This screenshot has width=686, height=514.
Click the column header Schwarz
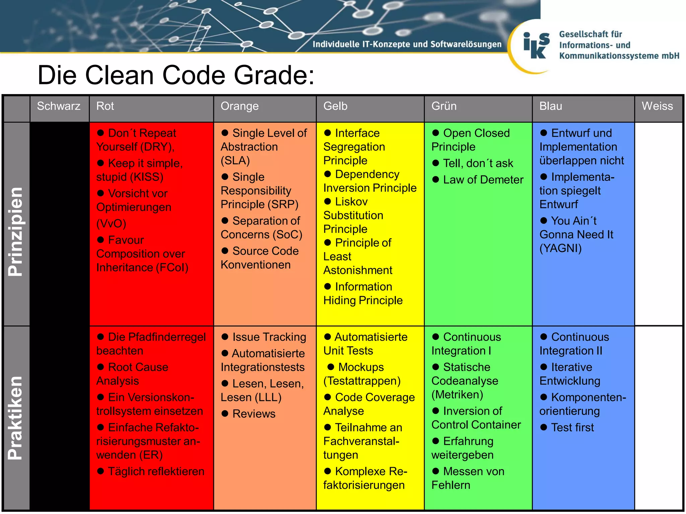pos(59,106)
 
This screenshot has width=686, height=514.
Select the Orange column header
pos(239,106)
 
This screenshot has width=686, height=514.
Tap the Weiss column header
pos(657,106)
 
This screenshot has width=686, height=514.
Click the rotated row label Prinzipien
pos(16,232)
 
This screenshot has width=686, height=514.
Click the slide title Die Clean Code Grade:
pos(176,75)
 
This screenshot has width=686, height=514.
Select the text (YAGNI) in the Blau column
pos(560,248)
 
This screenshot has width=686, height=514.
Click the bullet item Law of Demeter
pos(483,180)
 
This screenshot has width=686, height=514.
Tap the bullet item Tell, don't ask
pos(478,163)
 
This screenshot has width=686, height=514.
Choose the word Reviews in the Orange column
pos(254,414)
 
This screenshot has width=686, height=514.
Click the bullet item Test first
pos(572,428)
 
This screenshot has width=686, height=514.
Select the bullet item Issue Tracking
pos(269,337)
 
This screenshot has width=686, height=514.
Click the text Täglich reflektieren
pos(156,472)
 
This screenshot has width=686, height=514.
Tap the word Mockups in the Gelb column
pos(361,367)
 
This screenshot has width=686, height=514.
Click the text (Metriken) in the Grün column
pos(457,395)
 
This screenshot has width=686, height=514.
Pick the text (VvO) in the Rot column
pos(111,224)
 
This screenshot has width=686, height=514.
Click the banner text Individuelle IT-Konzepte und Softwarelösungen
pos(407,44)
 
